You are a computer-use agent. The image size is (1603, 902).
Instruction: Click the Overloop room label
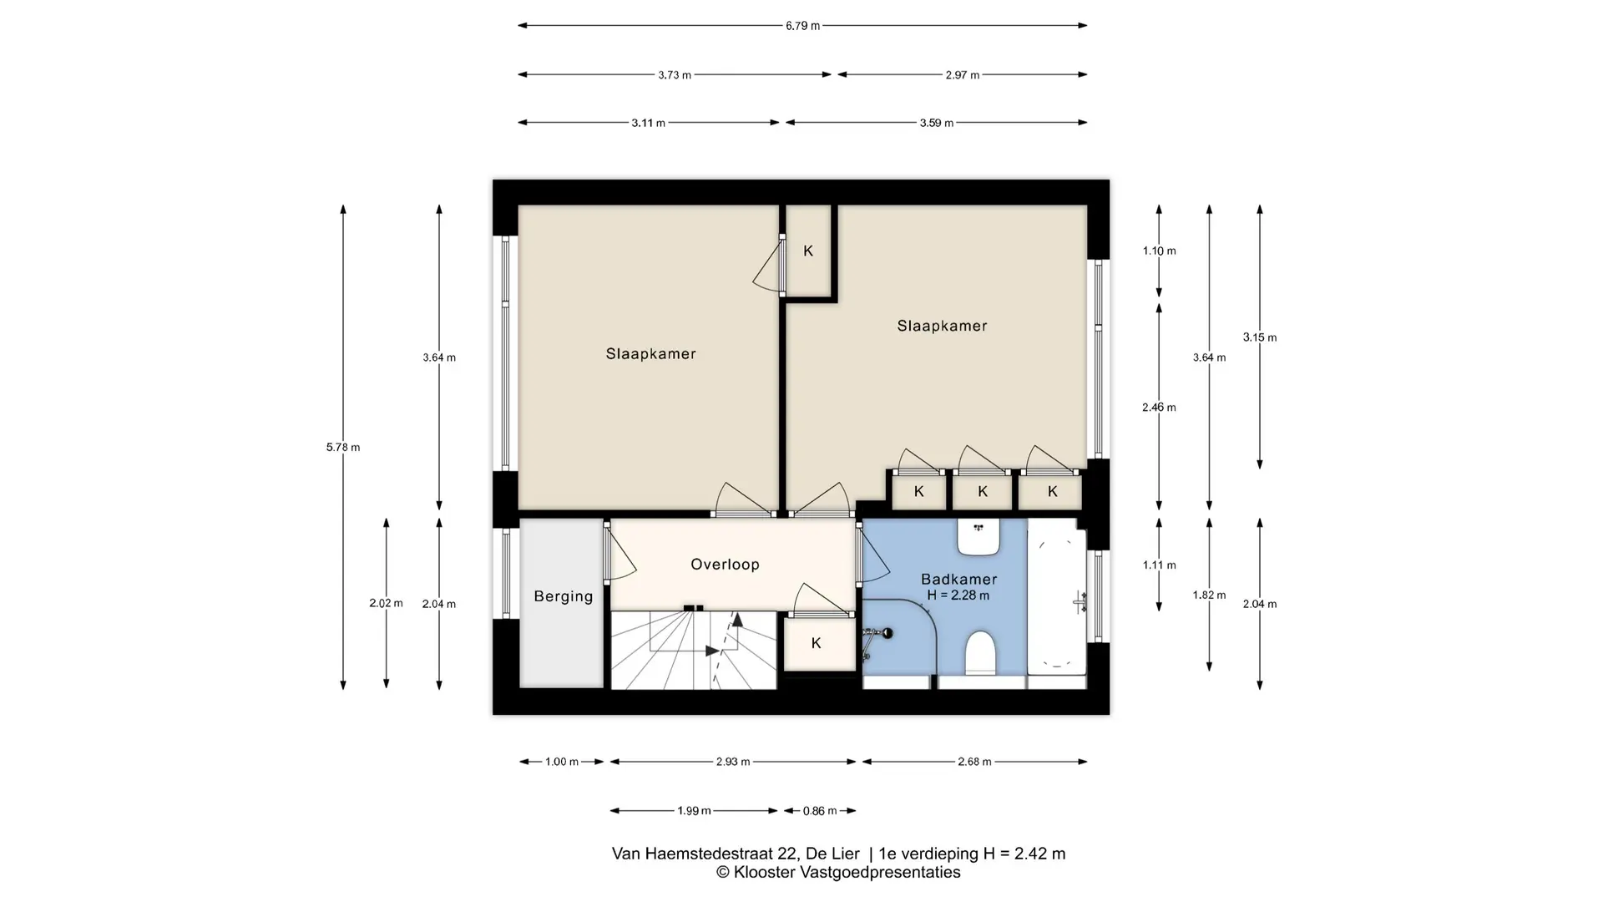pos(725,565)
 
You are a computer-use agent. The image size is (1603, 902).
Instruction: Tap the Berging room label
pos(564,596)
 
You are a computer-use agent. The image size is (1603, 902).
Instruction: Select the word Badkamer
pos(958,579)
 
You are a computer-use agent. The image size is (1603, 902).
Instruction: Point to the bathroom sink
pos(978,537)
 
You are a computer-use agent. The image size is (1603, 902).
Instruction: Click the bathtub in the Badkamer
pos(1057,596)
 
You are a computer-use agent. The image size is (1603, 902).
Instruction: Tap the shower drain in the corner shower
pos(887,633)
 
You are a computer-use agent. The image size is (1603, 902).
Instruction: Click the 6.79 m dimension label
pos(802,26)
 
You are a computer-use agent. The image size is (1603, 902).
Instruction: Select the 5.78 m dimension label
pos(343,448)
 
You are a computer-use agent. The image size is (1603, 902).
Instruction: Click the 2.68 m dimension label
pos(974,762)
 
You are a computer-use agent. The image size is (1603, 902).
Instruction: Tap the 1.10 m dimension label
pos(1159,251)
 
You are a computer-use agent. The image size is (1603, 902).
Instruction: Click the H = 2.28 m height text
pos(958,595)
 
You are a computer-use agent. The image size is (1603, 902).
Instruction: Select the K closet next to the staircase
pos(817,643)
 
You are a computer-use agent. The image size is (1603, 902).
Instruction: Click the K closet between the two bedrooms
pos(808,251)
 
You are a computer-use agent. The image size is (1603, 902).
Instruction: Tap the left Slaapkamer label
pos(651,354)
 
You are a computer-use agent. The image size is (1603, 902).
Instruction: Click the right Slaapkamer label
pos(942,326)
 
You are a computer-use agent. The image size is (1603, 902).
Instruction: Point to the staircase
pos(694,650)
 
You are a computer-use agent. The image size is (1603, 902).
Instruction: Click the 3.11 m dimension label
pos(648,123)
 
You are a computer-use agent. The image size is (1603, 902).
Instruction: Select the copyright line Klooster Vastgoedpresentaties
pos(838,873)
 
